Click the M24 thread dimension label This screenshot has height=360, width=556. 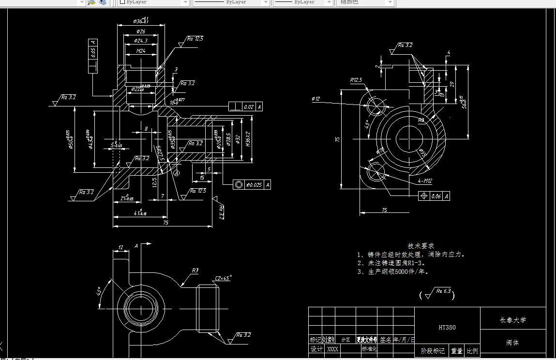[x=141, y=50]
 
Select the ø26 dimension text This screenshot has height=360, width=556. [x=140, y=31]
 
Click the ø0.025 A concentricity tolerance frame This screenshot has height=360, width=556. [x=252, y=184]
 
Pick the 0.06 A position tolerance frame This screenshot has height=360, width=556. [x=434, y=195]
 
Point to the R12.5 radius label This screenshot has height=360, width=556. [x=356, y=80]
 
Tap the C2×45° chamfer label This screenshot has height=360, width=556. [x=223, y=278]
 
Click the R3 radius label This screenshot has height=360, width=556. [x=195, y=271]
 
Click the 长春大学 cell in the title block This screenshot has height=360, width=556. [x=512, y=320]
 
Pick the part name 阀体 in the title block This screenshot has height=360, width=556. [x=512, y=343]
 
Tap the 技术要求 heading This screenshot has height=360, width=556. [x=421, y=246]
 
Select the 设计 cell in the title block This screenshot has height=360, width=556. [x=316, y=349]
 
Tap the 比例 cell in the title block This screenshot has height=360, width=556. [x=472, y=351]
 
